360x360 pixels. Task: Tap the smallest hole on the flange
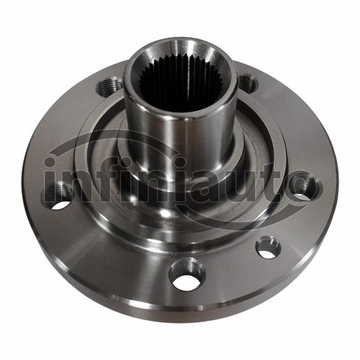[x=268, y=248]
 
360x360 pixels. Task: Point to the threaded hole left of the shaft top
[x=109, y=87]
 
